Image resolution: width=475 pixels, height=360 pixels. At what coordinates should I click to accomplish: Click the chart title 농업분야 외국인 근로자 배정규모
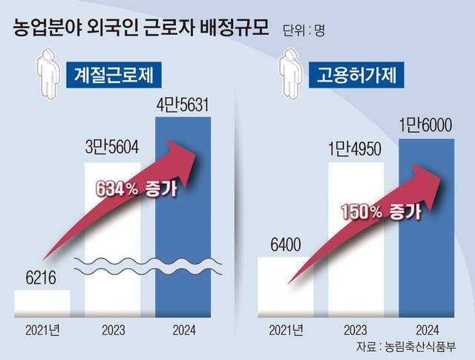[142, 30]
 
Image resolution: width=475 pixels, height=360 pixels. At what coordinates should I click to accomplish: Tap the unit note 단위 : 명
[304, 31]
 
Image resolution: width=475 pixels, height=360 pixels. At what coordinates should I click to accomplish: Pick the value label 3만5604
[114, 147]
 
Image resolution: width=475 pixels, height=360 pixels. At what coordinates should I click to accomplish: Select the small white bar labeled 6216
[42, 301]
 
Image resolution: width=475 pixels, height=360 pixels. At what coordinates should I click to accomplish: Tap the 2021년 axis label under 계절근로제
[42, 327]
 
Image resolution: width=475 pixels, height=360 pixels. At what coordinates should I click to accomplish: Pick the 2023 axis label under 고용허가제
[356, 327]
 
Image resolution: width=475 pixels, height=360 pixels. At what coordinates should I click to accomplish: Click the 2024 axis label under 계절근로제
[183, 327]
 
